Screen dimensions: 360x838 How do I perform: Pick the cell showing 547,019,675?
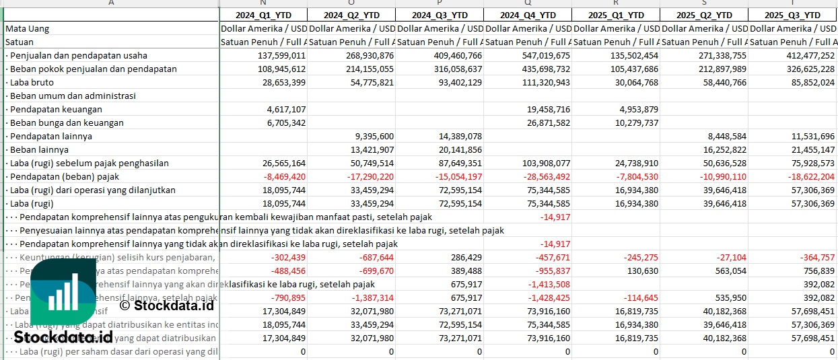[x=541, y=55]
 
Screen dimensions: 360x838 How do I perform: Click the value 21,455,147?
[x=808, y=149]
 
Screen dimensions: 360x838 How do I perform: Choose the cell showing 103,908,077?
[x=541, y=163]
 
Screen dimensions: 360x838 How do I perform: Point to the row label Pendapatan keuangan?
[x=56, y=109]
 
